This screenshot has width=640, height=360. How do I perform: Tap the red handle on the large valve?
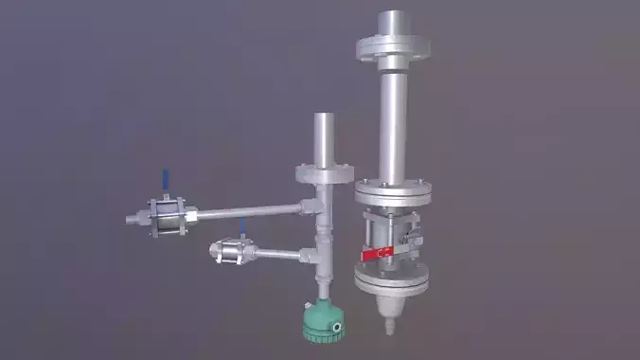point(377,253)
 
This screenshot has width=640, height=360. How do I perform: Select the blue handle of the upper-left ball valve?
point(165,179)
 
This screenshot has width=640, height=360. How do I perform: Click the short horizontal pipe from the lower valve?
point(278,253)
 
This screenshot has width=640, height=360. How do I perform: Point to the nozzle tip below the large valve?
point(386,328)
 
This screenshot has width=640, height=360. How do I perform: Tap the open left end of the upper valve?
point(130,220)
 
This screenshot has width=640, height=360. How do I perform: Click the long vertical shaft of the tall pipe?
point(395,123)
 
